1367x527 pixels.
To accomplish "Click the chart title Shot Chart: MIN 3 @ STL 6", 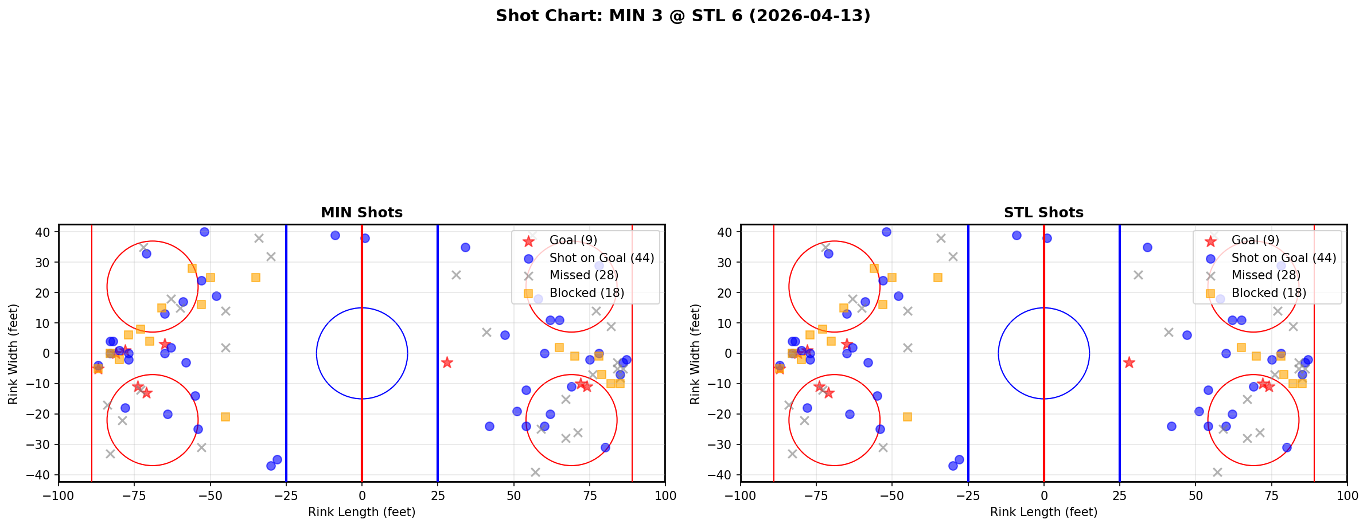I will click(683, 16).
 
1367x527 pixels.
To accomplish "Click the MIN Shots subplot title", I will click(361, 213).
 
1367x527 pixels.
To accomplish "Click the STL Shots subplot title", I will click(1043, 213).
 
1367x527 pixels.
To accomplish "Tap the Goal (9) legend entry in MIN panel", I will click(574, 240).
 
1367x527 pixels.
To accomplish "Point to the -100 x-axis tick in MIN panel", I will click(59, 495).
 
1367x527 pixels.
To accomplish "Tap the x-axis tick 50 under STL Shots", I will click(1195, 495).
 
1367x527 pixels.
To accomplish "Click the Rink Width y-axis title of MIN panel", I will click(13, 353).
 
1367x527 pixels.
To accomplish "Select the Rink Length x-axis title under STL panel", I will click(1043, 512).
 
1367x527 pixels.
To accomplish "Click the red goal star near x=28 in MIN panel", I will click(447, 362).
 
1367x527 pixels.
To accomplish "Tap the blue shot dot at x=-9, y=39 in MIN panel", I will click(335, 235).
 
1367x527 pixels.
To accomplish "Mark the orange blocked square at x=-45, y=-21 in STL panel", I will click(908, 417).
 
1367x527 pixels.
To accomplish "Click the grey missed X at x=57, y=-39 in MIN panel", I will click(535, 472).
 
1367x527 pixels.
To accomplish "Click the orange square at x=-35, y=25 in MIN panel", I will click(256, 278).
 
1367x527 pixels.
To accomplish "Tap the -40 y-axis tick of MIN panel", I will click(44, 475).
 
